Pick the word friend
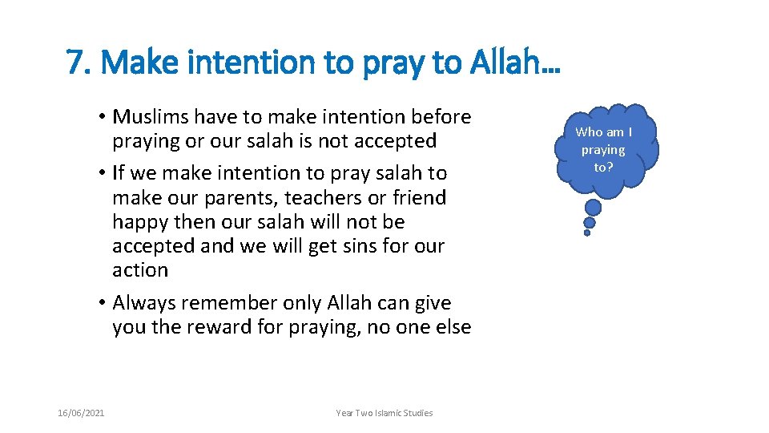(x=417, y=197)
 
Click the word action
(x=140, y=270)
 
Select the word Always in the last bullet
(x=143, y=303)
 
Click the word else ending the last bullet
(x=453, y=327)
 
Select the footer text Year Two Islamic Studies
(x=384, y=413)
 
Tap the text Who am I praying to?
(x=603, y=149)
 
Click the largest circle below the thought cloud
(x=594, y=208)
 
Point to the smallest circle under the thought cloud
(x=587, y=233)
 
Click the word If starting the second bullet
(x=119, y=173)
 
